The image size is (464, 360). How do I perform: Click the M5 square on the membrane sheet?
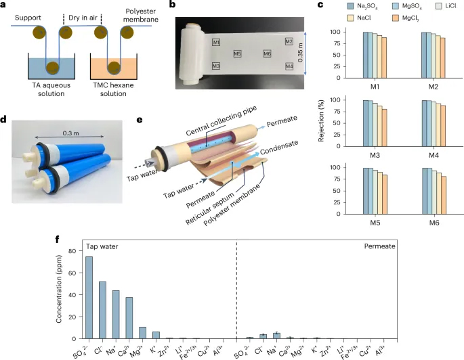237,53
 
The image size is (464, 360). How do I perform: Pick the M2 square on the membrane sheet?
289,42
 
